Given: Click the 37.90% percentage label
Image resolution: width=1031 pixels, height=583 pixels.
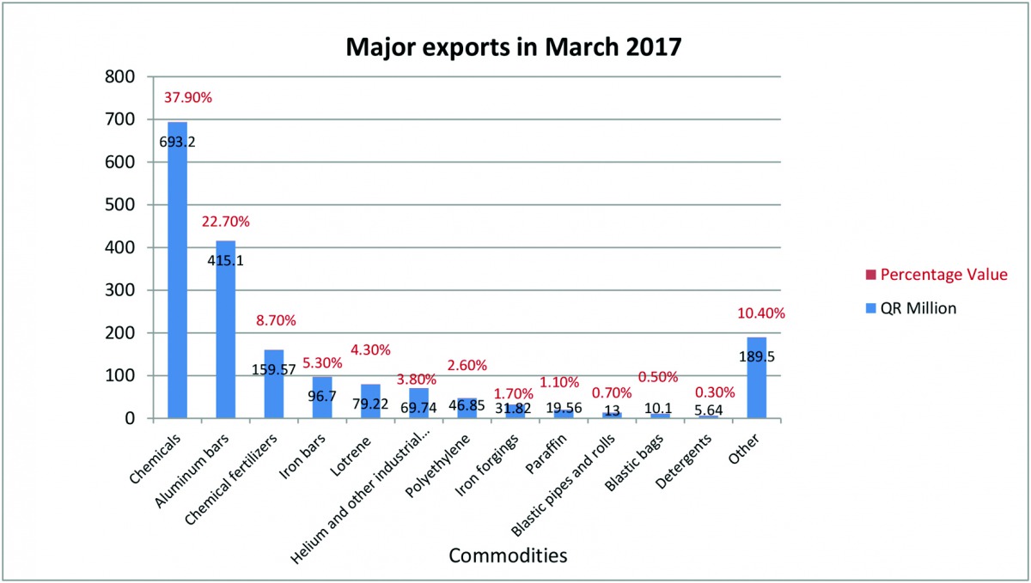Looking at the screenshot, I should (187, 98).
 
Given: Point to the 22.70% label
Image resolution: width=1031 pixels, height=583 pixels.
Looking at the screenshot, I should (225, 222).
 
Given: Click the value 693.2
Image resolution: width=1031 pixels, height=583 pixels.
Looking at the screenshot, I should (178, 143).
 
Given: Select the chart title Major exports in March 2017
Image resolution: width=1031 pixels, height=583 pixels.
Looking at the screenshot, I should (514, 46).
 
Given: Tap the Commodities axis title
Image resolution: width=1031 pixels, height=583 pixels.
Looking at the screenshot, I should (508, 556).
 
